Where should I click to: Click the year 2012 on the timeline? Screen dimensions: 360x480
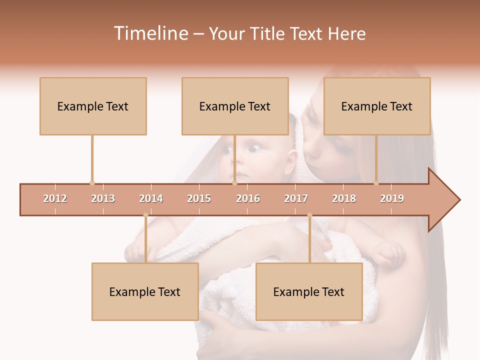click(x=55, y=198)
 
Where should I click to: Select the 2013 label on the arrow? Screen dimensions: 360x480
click(x=103, y=198)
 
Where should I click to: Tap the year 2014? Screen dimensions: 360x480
click(x=151, y=198)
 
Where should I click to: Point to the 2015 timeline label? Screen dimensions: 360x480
click(x=199, y=198)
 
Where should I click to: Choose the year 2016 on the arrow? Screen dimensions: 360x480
click(x=248, y=198)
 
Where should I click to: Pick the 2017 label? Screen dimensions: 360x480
click(x=296, y=198)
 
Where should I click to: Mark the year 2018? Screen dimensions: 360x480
click(x=344, y=198)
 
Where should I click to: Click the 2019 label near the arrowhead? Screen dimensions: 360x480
click(x=392, y=198)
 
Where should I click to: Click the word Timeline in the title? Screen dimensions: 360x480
click(x=150, y=33)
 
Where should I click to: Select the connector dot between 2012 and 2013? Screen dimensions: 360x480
click(x=92, y=183)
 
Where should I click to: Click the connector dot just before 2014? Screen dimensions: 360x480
click(x=145, y=215)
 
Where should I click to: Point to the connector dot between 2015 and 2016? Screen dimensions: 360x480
click(x=234, y=183)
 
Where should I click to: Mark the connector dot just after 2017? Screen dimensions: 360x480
click(x=309, y=215)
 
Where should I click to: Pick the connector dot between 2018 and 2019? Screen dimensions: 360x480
click(x=376, y=183)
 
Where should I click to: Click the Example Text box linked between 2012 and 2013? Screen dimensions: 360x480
click(x=93, y=106)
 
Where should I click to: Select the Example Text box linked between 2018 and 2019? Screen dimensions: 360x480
click(x=377, y=106)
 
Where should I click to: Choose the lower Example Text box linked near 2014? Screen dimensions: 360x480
click(x=145, y=291)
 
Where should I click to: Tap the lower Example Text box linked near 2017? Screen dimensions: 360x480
click(x=309, y=291)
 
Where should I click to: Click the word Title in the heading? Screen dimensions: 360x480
click(x=268, y=33)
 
